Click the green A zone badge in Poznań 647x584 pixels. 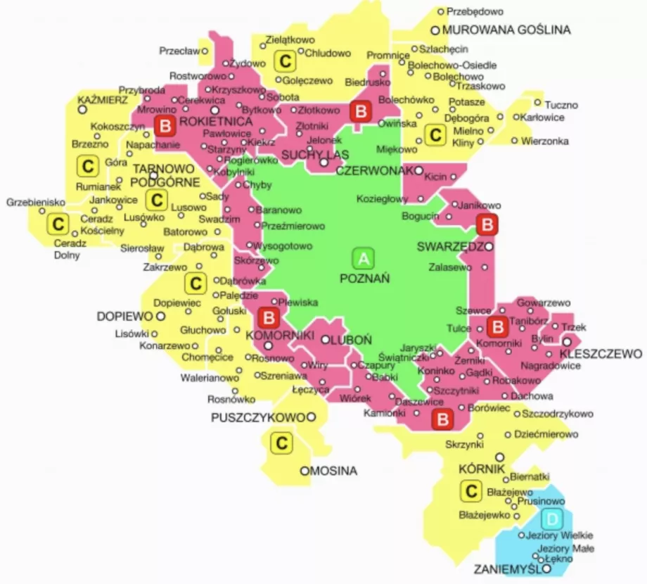click(x=364, y=259)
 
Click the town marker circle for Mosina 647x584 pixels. click(x=305, y=471)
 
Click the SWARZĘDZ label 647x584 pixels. click(x=449, y=248)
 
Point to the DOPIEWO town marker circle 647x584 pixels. click(x=160, y=317)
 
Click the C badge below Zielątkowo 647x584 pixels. click(x=285, y=62)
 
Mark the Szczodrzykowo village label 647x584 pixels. click(x=558, y=414)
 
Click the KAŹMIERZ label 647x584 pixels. click(x=103, y=99)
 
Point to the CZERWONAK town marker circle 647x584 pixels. click(x=419, y=170)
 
